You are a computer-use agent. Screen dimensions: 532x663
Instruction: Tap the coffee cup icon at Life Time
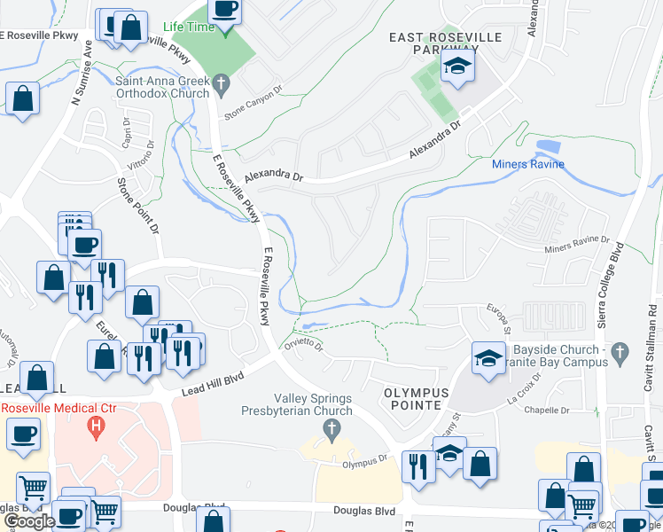[225, 11]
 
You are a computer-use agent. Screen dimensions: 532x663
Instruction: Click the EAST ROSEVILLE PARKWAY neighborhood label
[445, 44]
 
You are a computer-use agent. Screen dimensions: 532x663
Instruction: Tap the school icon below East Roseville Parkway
[457, 68]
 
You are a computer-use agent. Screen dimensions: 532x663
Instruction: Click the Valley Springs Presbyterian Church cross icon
[331, 431]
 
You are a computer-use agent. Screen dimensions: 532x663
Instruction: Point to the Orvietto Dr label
[303, 344]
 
